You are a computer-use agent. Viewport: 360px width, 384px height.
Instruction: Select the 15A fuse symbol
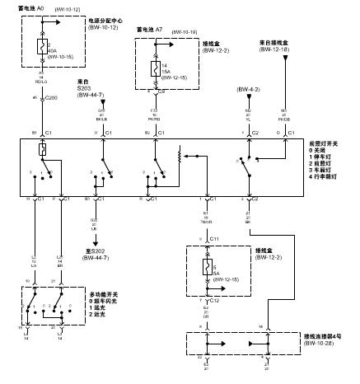[154, 68]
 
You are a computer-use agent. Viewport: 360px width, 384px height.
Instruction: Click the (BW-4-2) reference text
[248, 88]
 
